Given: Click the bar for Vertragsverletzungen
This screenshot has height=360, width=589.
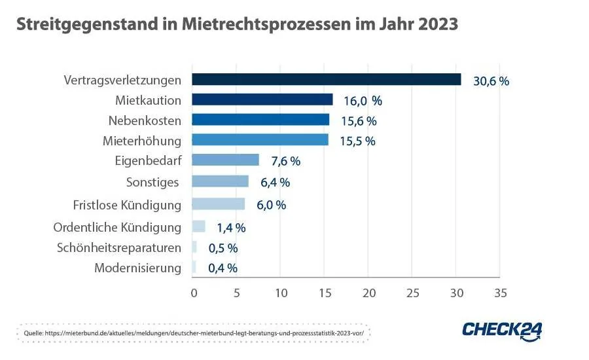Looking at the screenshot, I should (x=326, y=79).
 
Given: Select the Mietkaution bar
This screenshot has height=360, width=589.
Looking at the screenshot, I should (x=262, y=99).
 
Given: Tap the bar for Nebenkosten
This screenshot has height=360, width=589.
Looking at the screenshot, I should (x=260, y=120).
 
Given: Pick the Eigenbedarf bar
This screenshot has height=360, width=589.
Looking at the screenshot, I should (x=225, y=160).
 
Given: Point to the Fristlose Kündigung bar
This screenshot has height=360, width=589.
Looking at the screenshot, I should (x=218, y=204).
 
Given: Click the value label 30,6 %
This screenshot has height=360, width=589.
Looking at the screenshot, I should (x=491, y=81).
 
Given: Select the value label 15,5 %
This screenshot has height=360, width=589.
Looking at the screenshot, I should (x=357, y=141).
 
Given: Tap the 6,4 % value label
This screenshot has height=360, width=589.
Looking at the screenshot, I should (x=276, y=182).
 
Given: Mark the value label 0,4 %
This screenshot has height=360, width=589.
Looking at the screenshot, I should (x=223, y=268).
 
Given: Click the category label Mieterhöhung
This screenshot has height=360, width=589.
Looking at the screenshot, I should (x=142, y=140).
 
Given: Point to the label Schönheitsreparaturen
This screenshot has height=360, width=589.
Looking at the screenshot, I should (x=119, y=248).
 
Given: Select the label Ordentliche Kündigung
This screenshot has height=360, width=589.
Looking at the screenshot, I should (x=117, y=227).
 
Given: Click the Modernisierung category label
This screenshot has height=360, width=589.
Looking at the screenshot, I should (x=137, y=268).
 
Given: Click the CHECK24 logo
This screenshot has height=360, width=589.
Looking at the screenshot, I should (x=502, y=331).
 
